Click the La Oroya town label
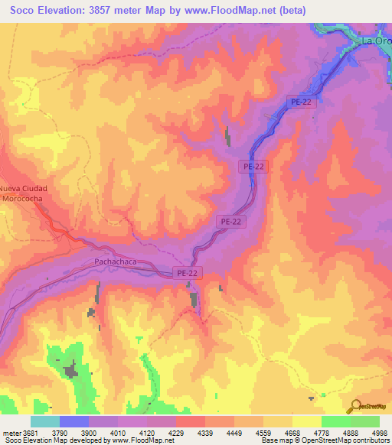(376, 40)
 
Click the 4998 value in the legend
(381, 433)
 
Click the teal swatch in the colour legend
(45, 421)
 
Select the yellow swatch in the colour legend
(306, 421)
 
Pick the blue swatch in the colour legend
(74, 421)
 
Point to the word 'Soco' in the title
(24, 11)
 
